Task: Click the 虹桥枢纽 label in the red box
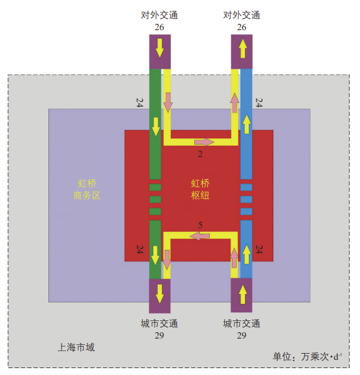pos(200,190)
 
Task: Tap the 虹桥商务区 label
pos(87,190)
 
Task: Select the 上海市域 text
pos(76,347)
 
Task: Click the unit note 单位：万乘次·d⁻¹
pos(307,357)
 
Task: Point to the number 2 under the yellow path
pos(200,155)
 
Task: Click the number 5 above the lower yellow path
pos(200,225)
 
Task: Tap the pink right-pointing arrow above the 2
pos(204,142)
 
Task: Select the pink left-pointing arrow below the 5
pos(200,236)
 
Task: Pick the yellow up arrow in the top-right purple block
pos(243,48)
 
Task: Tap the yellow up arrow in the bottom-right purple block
pos(243,295)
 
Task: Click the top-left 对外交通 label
pos(160,15)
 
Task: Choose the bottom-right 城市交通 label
pos(242,323)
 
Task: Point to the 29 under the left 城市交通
pos(160,335)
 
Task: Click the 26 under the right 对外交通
pos(242,27)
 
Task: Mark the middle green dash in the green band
pos(155,199)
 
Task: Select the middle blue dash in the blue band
pos(246,199)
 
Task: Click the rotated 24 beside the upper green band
pos(139,102)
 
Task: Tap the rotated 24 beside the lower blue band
pos(259,249)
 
